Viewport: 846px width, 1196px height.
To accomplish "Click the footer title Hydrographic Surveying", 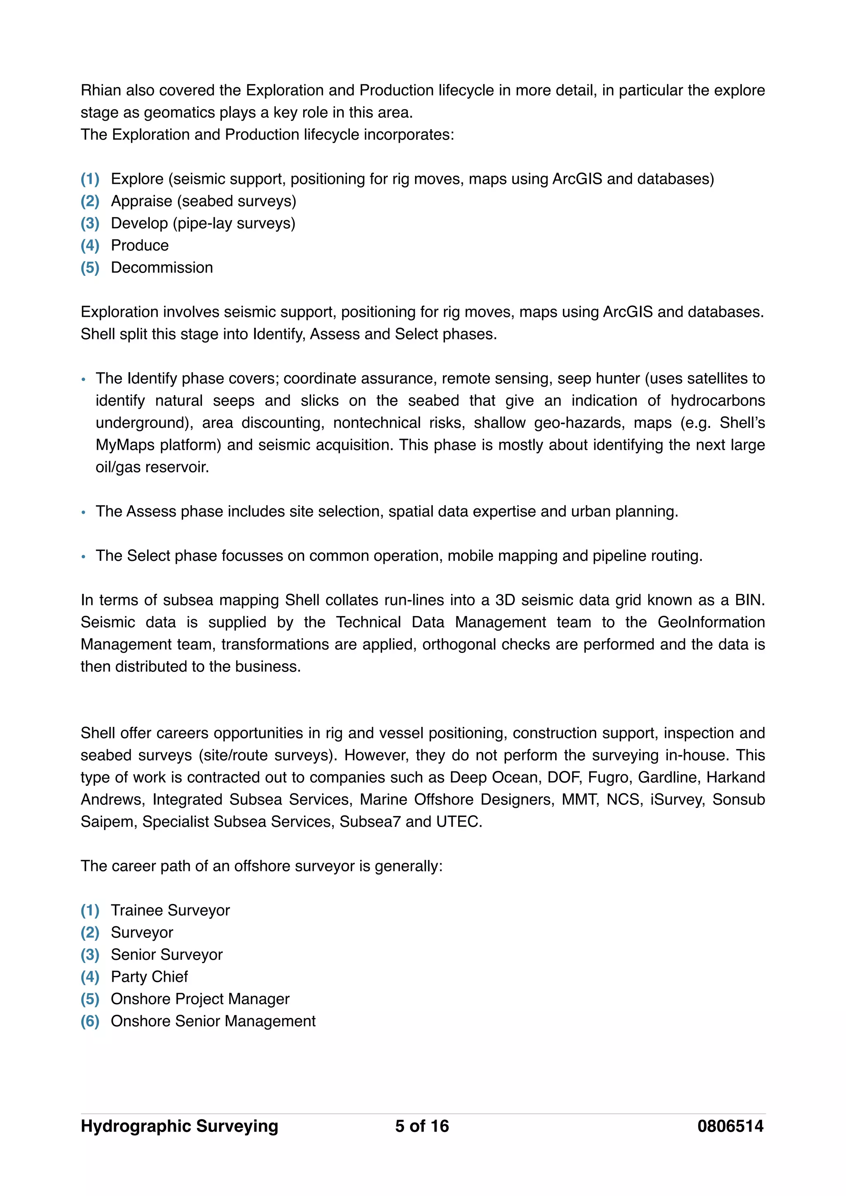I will [179, 1126].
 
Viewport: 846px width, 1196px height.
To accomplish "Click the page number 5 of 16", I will [421, 1126].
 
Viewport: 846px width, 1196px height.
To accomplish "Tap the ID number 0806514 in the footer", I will [730, 1126].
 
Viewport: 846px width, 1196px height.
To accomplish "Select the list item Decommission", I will [162, 268].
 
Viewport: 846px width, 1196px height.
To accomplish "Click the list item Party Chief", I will [149, 977].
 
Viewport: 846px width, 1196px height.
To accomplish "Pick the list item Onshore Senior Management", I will [213, 1021].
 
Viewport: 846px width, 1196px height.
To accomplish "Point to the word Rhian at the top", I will [100, 90].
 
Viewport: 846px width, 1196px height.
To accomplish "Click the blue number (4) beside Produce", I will [90, 245].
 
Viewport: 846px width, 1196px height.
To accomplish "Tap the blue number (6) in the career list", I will [90, 1021].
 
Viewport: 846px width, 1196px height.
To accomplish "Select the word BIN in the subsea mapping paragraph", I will [749, 600].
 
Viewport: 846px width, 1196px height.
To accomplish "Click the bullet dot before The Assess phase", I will [83, 513].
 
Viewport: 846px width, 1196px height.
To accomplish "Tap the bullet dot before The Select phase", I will [83, 557].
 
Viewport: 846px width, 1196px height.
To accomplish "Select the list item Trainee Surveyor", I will [170, 911].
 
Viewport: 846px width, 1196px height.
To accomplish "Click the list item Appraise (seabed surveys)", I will [203, 201].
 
